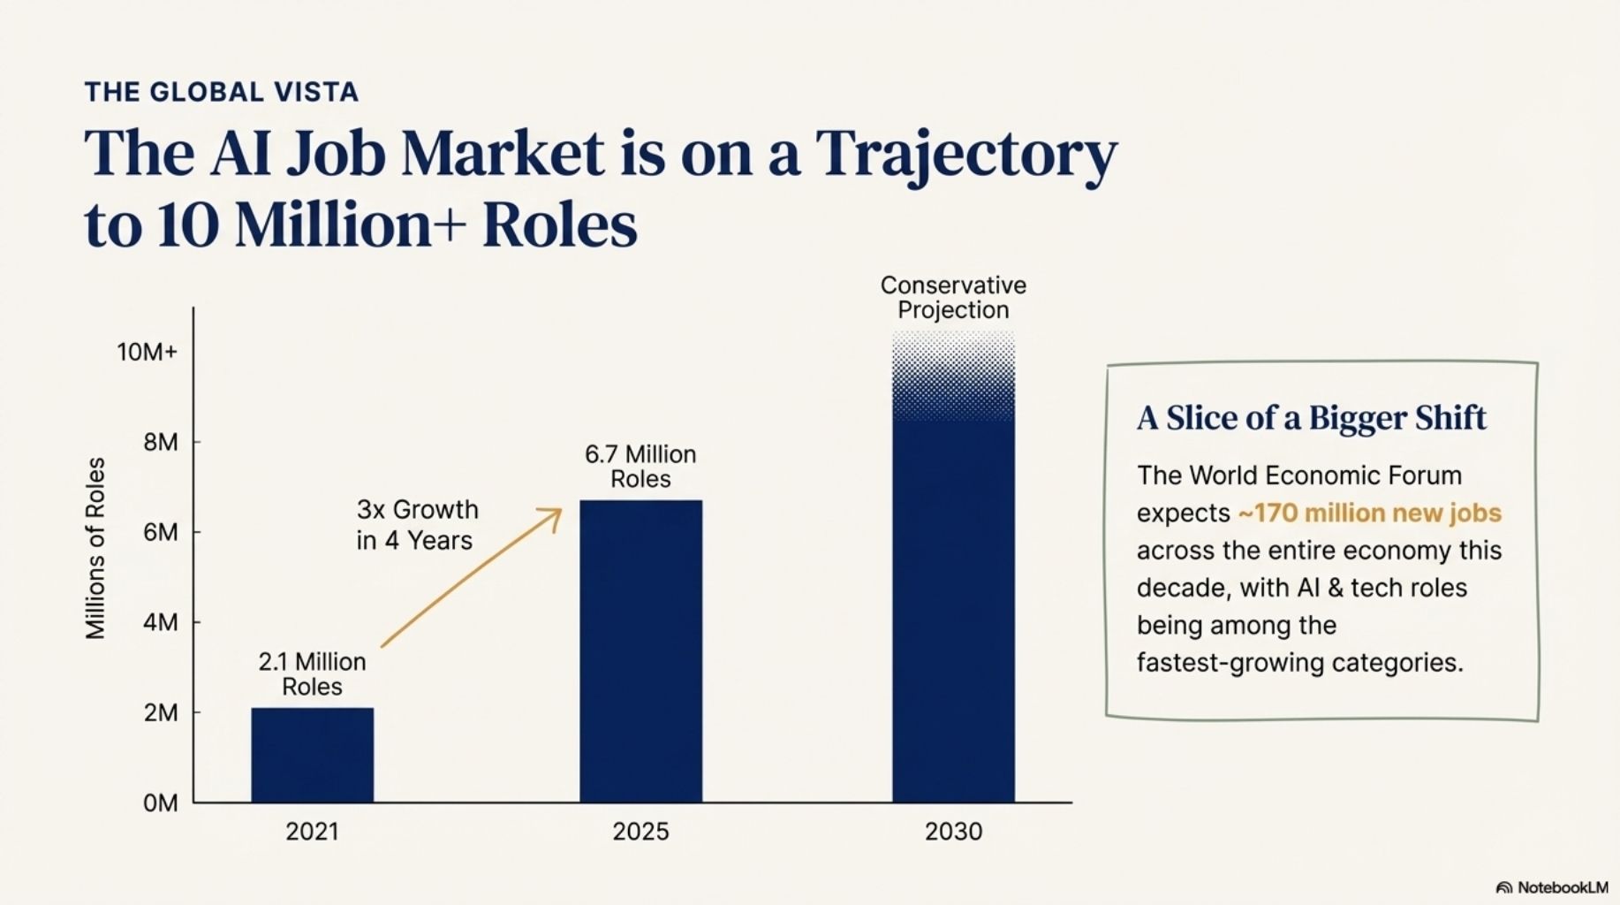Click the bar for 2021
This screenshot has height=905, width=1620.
point(312,755)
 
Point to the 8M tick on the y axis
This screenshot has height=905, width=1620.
point(161,442)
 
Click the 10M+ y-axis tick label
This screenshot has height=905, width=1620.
point(147,352)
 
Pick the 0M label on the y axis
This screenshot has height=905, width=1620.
point(160,802)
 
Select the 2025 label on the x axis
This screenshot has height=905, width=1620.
point(640,832)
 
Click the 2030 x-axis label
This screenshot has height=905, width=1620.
point(953,832)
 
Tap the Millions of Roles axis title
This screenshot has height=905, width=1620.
point(95,548)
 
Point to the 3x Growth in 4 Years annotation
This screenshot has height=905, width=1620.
point(417,525)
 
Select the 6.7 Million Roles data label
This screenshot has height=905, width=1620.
point(640,467)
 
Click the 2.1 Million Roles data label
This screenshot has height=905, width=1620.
point(312,674)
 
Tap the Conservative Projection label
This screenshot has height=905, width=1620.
point(953,298)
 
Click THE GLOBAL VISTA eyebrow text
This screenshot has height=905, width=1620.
point(222,92)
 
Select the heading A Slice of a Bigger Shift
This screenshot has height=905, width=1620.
point(1311,418)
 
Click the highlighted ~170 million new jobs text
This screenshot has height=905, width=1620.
point(1369,513)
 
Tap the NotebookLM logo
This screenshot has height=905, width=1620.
point(1552,887)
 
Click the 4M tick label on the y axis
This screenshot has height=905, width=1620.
point(161,622)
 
